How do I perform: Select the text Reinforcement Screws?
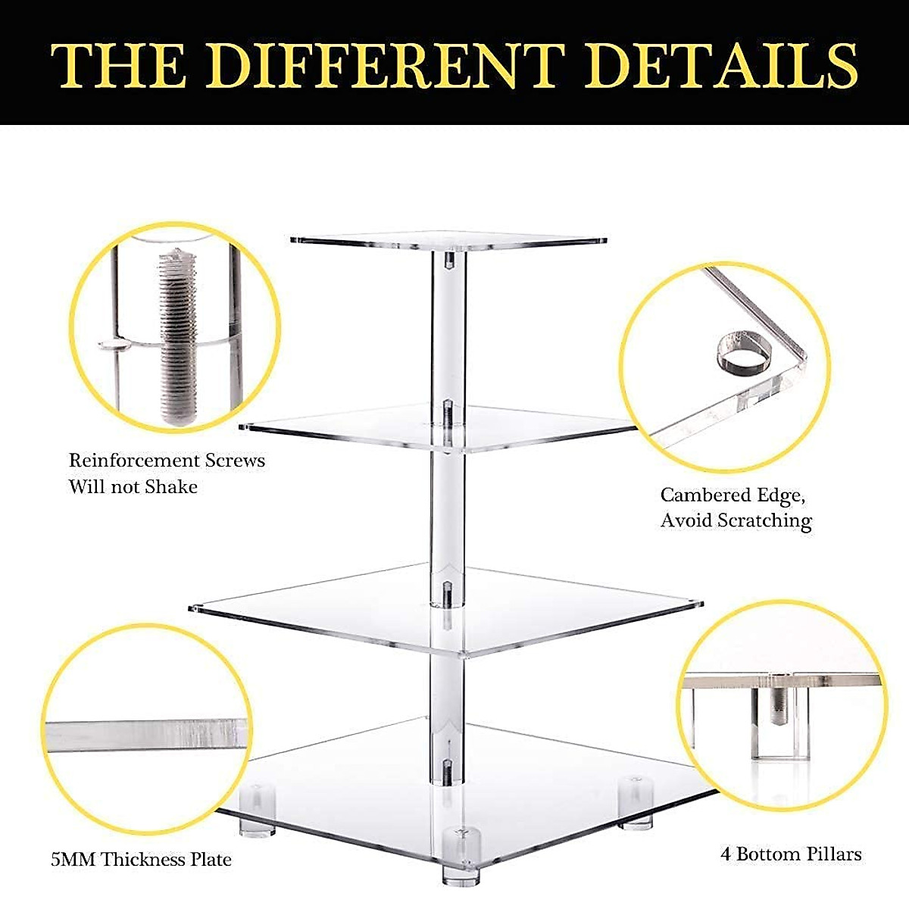[167, 461]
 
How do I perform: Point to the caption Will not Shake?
[133, 486]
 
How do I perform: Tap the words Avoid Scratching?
[736, 521]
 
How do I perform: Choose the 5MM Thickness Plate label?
[141, 860]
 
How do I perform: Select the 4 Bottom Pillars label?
[791, 854]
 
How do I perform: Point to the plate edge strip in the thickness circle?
[144, 733]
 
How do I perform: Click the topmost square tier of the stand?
[448, 240]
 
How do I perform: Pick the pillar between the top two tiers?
[448, 326]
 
